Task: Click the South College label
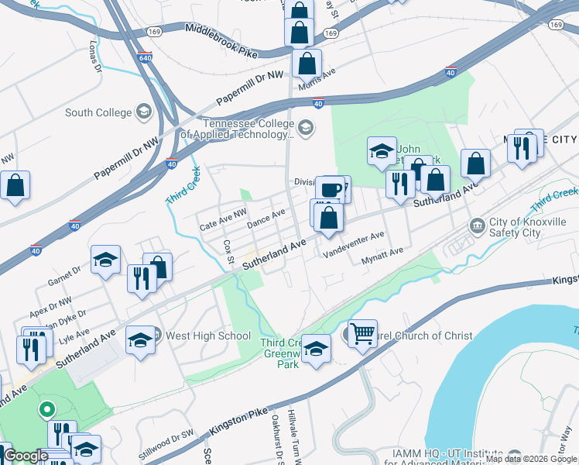click(x=98, y=112)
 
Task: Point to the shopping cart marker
click(x=362, y=333)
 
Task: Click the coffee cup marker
click(x=330, y=188)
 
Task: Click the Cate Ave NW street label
click(x=223, y=224)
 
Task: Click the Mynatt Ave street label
click(x=382, y=257)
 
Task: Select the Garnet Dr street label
click(x=64, y=271)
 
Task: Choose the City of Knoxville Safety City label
click(x=527, y=225)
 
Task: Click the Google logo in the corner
click(x=26, y=456)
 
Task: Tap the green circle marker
click(x=46, y=409)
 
